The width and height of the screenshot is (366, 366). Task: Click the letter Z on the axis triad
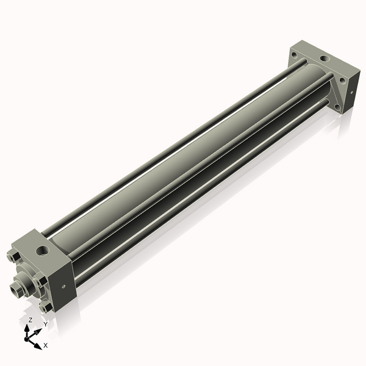pos(30,320)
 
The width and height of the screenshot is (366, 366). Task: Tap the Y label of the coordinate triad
pos(45,324)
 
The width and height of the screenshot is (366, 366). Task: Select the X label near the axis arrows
pos(46,345)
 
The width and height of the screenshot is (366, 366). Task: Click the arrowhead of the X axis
pos(37,343)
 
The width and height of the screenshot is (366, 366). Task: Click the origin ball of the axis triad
pos(28,337)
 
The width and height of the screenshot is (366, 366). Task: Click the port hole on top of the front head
pos(42,250)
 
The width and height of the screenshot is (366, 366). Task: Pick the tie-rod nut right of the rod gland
pos(41,281)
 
